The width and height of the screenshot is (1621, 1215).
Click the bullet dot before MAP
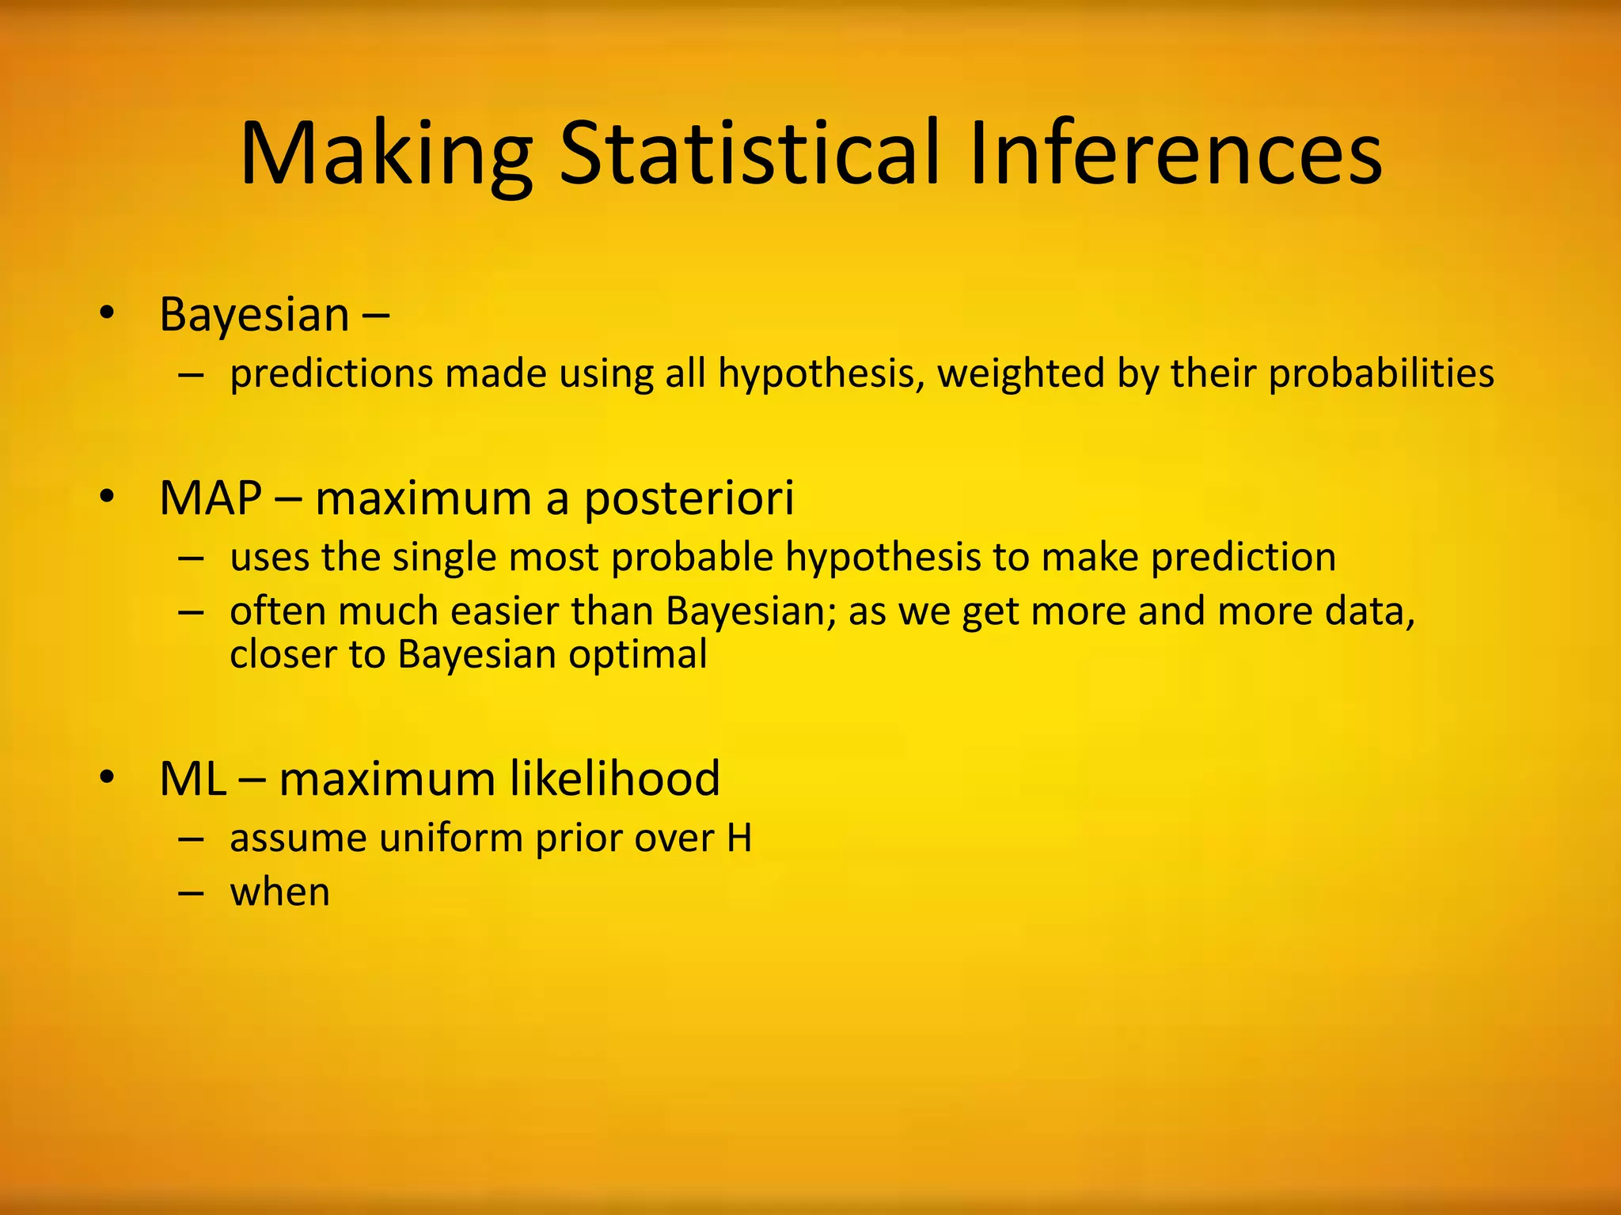(108, 498)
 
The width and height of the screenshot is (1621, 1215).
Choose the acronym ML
(192, 778)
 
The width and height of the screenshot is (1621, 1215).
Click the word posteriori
(689, 500)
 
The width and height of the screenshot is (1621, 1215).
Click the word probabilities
(1381, 373)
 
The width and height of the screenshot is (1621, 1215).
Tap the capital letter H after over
(738, 838)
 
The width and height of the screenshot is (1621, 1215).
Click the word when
(279, 892)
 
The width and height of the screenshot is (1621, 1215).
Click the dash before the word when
(191, 892)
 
